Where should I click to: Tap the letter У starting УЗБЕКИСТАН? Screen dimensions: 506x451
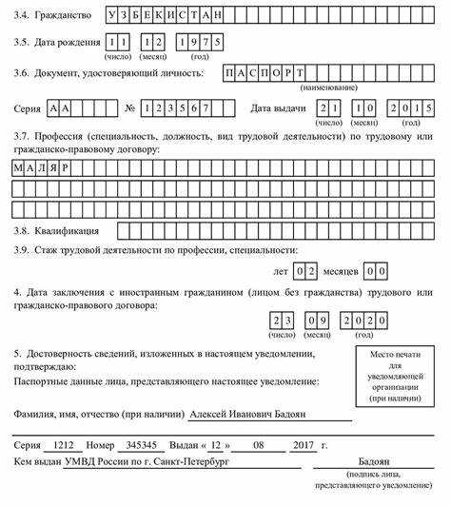114,16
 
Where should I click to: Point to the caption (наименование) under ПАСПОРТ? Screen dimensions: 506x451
328,88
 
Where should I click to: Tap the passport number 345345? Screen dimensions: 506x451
142,445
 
